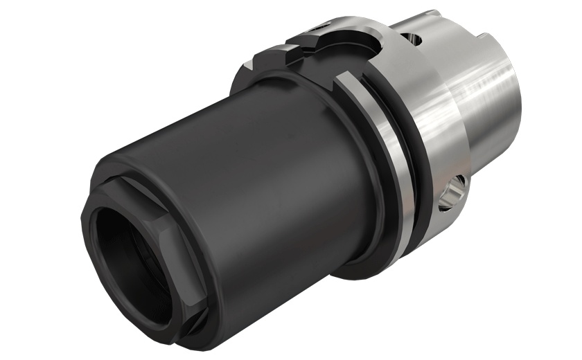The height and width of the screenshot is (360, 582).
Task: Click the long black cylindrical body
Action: [277, 180]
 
